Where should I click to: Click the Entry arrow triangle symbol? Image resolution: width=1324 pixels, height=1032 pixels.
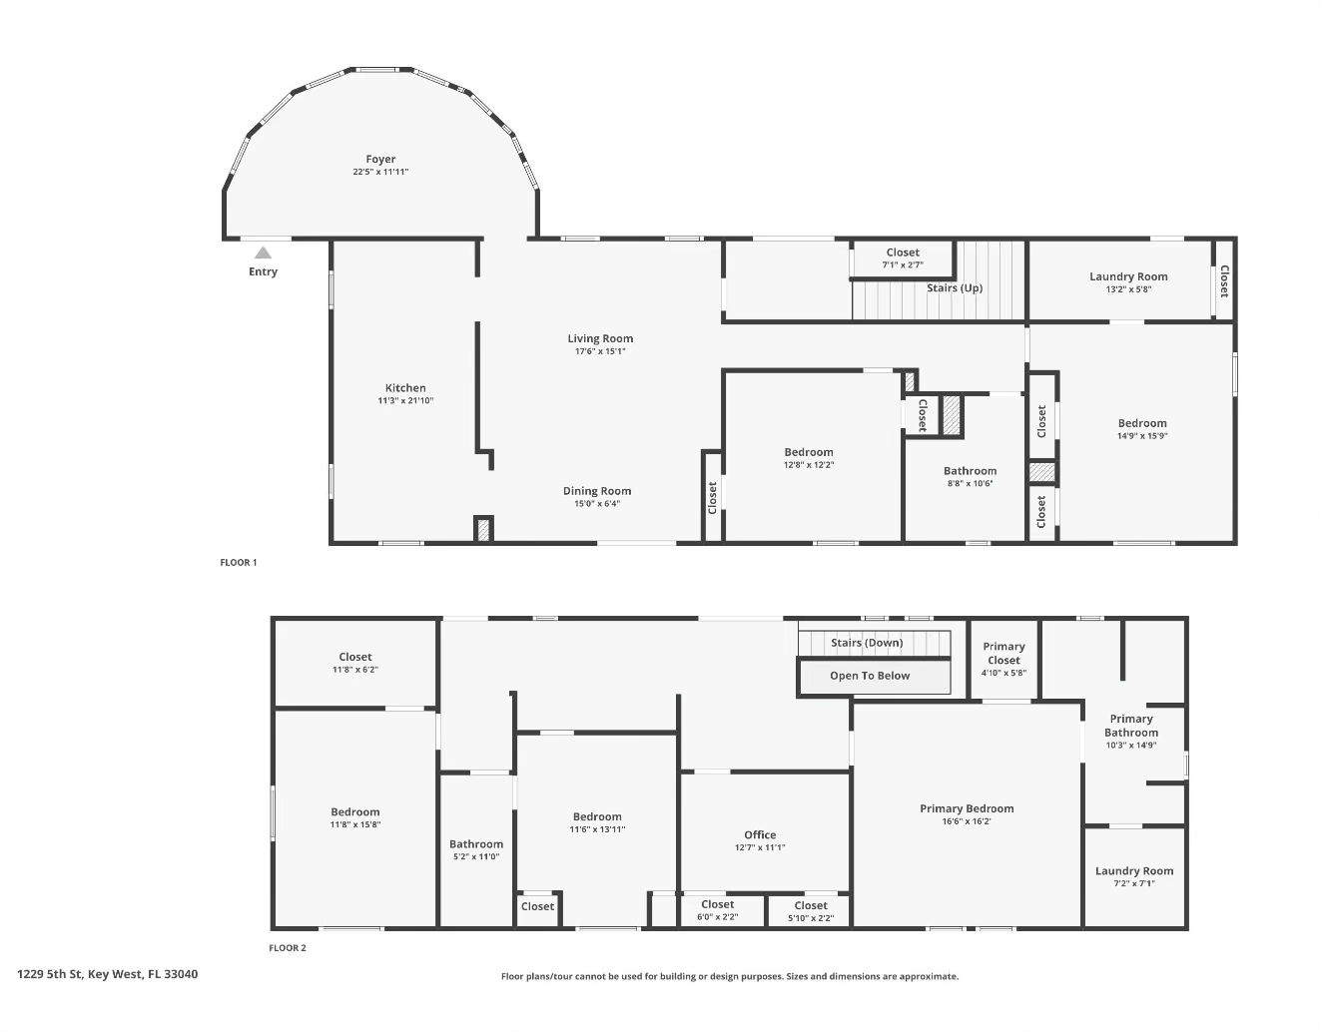[263, 254]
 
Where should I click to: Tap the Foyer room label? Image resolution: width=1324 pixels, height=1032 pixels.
[380, 160]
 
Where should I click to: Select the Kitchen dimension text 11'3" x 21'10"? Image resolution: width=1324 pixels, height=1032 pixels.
[405, 401]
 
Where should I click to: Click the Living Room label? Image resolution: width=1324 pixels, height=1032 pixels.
[600, 339]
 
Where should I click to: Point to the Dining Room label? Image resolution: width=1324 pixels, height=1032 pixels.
[597, 491]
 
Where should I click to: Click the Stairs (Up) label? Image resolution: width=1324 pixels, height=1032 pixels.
[955, 288]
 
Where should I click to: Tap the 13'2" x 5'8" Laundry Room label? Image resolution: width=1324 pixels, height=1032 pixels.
[1128, 277]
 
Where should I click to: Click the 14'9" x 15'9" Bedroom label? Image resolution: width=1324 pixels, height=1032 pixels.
[1142, 423]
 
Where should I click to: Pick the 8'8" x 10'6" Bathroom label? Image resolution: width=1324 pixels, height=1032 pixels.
[970, 471]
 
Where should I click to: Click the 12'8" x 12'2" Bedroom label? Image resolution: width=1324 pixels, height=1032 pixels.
[809, 452]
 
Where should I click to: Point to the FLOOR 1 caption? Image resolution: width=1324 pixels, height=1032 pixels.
[239, 563]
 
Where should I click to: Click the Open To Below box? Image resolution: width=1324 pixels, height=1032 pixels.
[871, 677]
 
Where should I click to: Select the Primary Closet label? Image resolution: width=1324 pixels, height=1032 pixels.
[1003, 654]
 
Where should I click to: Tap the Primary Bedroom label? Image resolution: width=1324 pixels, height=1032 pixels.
[967, 809]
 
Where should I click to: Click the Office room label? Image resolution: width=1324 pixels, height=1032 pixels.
[760, 835]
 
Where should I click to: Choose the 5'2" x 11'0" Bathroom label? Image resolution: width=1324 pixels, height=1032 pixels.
[476, 844]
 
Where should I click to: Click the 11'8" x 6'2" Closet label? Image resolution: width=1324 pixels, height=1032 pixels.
[355, 658]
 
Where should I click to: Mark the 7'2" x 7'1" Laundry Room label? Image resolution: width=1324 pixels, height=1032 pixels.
[1134, 871]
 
